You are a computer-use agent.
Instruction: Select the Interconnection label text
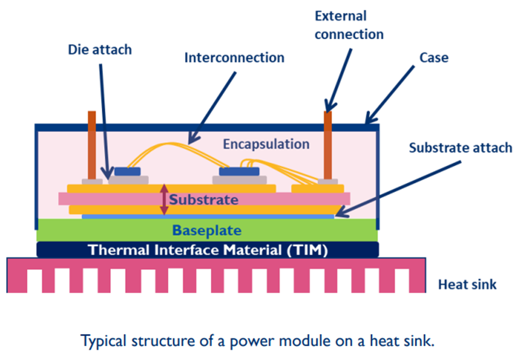[234, 58]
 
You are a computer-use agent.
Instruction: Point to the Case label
[434, 58]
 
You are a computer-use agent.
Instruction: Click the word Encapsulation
[266, 144]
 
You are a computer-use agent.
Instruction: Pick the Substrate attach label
[460, 147]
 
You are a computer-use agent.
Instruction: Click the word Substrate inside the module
[204, 199]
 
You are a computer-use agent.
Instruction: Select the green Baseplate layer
[207, 230]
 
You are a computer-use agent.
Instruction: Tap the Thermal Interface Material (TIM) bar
[207, 250]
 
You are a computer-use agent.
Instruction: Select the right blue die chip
[235, 172]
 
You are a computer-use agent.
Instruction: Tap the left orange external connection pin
[92, 144]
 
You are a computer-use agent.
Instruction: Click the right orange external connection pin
[328, 144]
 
